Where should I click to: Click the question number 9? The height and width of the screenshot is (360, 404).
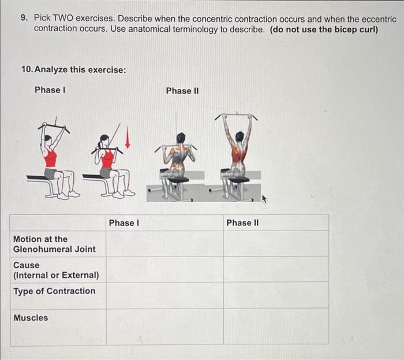tap(24, 18)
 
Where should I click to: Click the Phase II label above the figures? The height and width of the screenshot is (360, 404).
tap(182, 91)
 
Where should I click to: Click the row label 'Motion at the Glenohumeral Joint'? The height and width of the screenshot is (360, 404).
tap(54, 244)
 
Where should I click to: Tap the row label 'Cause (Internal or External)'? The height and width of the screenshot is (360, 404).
tap(56, 270)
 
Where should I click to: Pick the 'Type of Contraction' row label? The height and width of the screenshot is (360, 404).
tap(54, 291)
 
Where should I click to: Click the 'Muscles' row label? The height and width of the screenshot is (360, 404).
tap(31, 317)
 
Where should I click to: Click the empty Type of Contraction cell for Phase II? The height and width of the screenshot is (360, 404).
tap(276, 295)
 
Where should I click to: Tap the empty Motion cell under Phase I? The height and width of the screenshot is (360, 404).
tap(164, 243)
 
